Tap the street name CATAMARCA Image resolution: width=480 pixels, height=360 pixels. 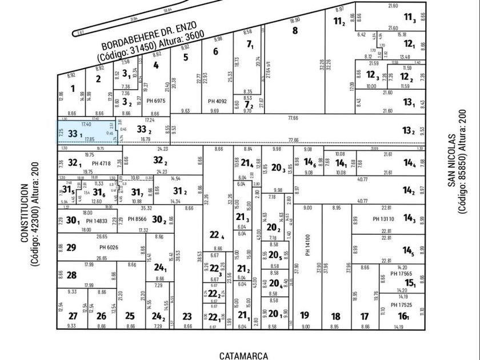[x=243, y=355]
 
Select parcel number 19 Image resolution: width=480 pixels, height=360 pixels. [x=305, y=315]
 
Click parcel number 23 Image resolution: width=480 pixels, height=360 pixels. [x=187, y=315]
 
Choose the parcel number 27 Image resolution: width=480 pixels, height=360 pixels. [x=72, y=315]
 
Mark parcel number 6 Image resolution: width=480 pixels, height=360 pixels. [x=215, y=51]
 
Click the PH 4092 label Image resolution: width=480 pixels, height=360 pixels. [x=218, y=101]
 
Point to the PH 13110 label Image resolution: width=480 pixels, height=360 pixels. [x=384, y=218]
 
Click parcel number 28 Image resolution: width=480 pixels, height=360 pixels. [x=72, y=275]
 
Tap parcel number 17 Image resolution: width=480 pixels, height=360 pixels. [x=365, y=315]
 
